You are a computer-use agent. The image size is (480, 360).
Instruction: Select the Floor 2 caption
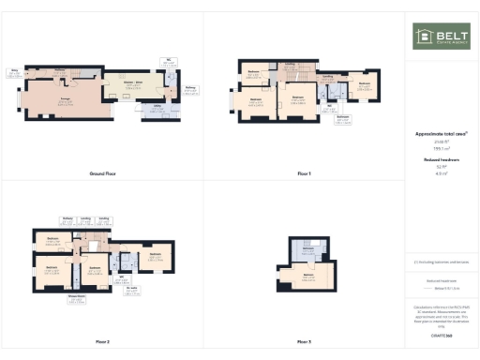pos(102,342)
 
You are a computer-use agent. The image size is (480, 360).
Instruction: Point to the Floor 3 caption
pos(303,342)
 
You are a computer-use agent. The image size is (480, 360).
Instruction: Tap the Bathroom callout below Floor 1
pos(343,118)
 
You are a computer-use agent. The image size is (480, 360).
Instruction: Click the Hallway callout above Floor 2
pos(67,220)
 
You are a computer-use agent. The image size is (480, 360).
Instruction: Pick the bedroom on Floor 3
pos(307,277)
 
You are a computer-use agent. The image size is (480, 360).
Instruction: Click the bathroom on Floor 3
pos(307,249)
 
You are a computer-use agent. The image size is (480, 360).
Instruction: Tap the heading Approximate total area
pos(441,134)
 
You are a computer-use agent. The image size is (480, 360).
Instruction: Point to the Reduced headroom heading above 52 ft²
pos(441,160)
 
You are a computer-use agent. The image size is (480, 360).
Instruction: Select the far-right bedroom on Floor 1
pos(365,86)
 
